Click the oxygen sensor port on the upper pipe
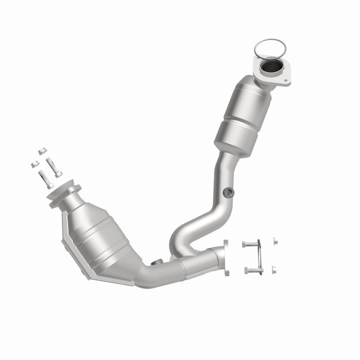228,192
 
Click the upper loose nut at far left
42,151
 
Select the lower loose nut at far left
34,164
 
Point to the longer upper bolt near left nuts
53,167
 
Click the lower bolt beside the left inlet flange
45,179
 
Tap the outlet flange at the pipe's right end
225,257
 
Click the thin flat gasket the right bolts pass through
261,257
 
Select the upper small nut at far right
275,241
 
